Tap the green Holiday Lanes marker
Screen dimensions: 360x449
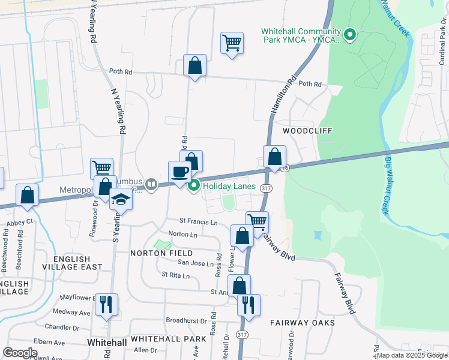pos(194,187)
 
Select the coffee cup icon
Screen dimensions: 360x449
pos(179,172)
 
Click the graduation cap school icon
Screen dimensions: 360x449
pos(121,199)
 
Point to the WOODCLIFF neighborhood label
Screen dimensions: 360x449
pos(307,130)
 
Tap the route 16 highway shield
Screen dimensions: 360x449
pos(285,169)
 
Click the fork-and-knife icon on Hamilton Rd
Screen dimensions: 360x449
pos(248,305)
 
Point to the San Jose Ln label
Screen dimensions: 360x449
pos(194,263)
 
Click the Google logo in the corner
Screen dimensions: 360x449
pos(20,352)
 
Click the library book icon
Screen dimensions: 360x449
pos(152,185)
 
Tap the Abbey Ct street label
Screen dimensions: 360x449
pos(20,223)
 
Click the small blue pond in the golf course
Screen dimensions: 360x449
pos(317,236)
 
